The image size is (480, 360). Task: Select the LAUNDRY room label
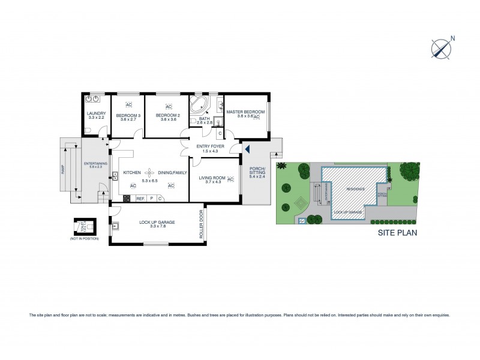tap(96, 113)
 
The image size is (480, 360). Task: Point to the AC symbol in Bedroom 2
tap(169, 107)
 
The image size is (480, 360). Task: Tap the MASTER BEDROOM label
tap(245, 112)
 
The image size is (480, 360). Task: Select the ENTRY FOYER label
tap(210, 146)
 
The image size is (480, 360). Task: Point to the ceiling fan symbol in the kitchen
tap(147, 173)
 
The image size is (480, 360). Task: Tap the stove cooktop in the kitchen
tap(127, 198)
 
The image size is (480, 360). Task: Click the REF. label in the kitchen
tap(140, 198)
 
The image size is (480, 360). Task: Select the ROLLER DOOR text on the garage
tap(202, 225)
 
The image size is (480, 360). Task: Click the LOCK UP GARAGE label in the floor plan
tap(157, 223)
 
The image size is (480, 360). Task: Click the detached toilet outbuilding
tap(80, 226)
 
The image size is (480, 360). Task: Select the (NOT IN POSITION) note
tap(80, 239)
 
